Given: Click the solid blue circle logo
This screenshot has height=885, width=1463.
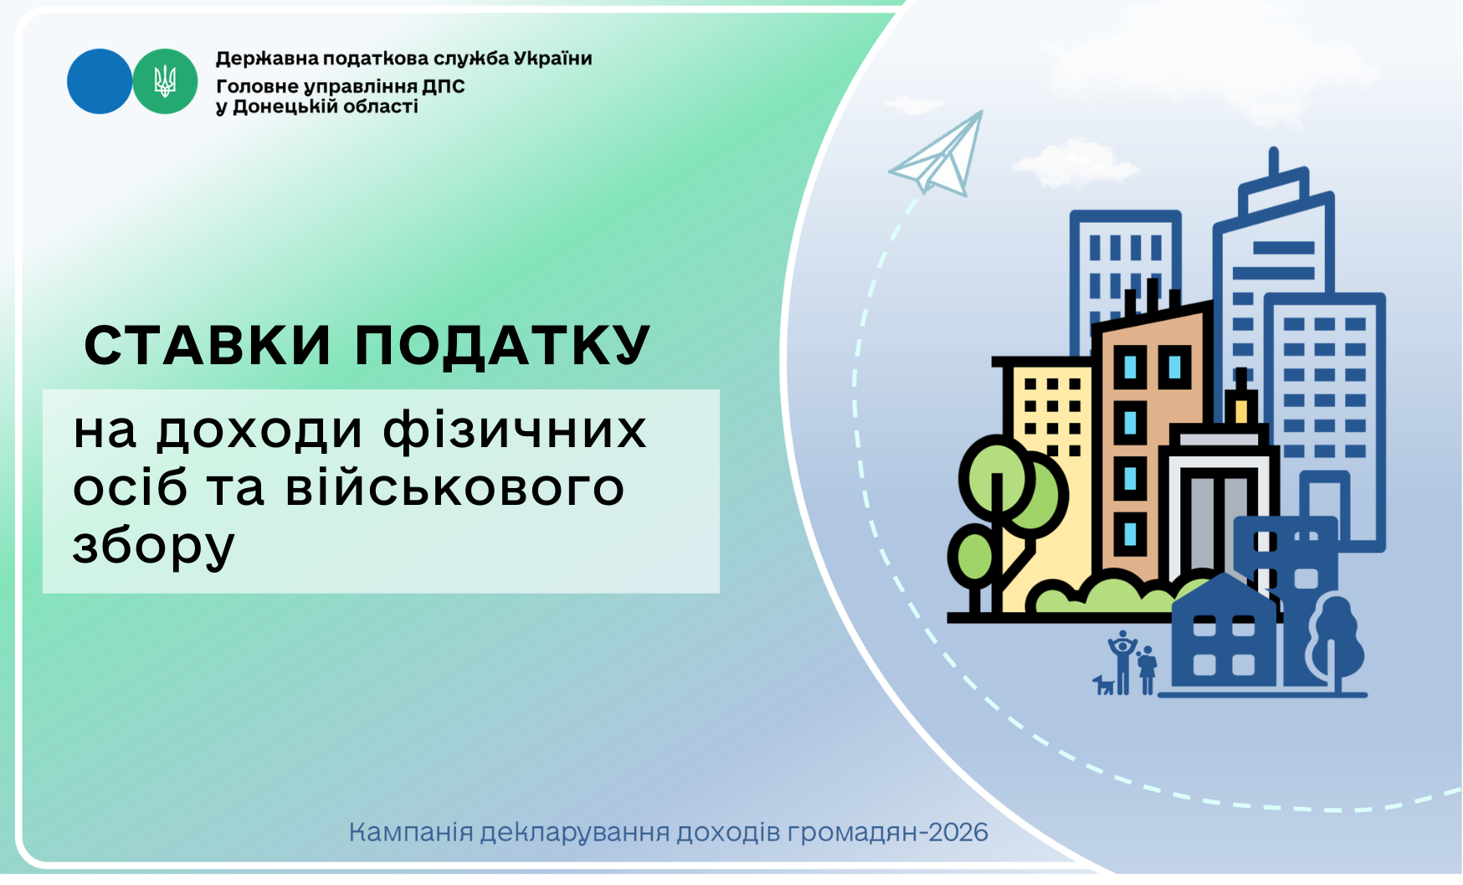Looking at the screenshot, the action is click(100, 81).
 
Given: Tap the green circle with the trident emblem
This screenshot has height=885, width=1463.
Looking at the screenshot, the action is click(165, 81).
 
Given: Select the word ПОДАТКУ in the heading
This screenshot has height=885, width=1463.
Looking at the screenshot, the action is click(502, 345).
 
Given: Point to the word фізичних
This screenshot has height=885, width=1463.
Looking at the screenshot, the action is click(515, 430).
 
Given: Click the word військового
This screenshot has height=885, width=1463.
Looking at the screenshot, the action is click(454, 487).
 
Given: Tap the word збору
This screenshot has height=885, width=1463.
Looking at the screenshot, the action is click(154, 545).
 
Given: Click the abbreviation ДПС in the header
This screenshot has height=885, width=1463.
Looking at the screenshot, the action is click(443, 86).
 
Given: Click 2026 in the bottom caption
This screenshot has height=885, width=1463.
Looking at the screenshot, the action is click(963, 832).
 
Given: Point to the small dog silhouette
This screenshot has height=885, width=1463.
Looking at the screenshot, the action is click(1104, 685).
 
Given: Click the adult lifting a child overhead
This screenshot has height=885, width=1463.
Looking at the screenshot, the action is click(1122, 662).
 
